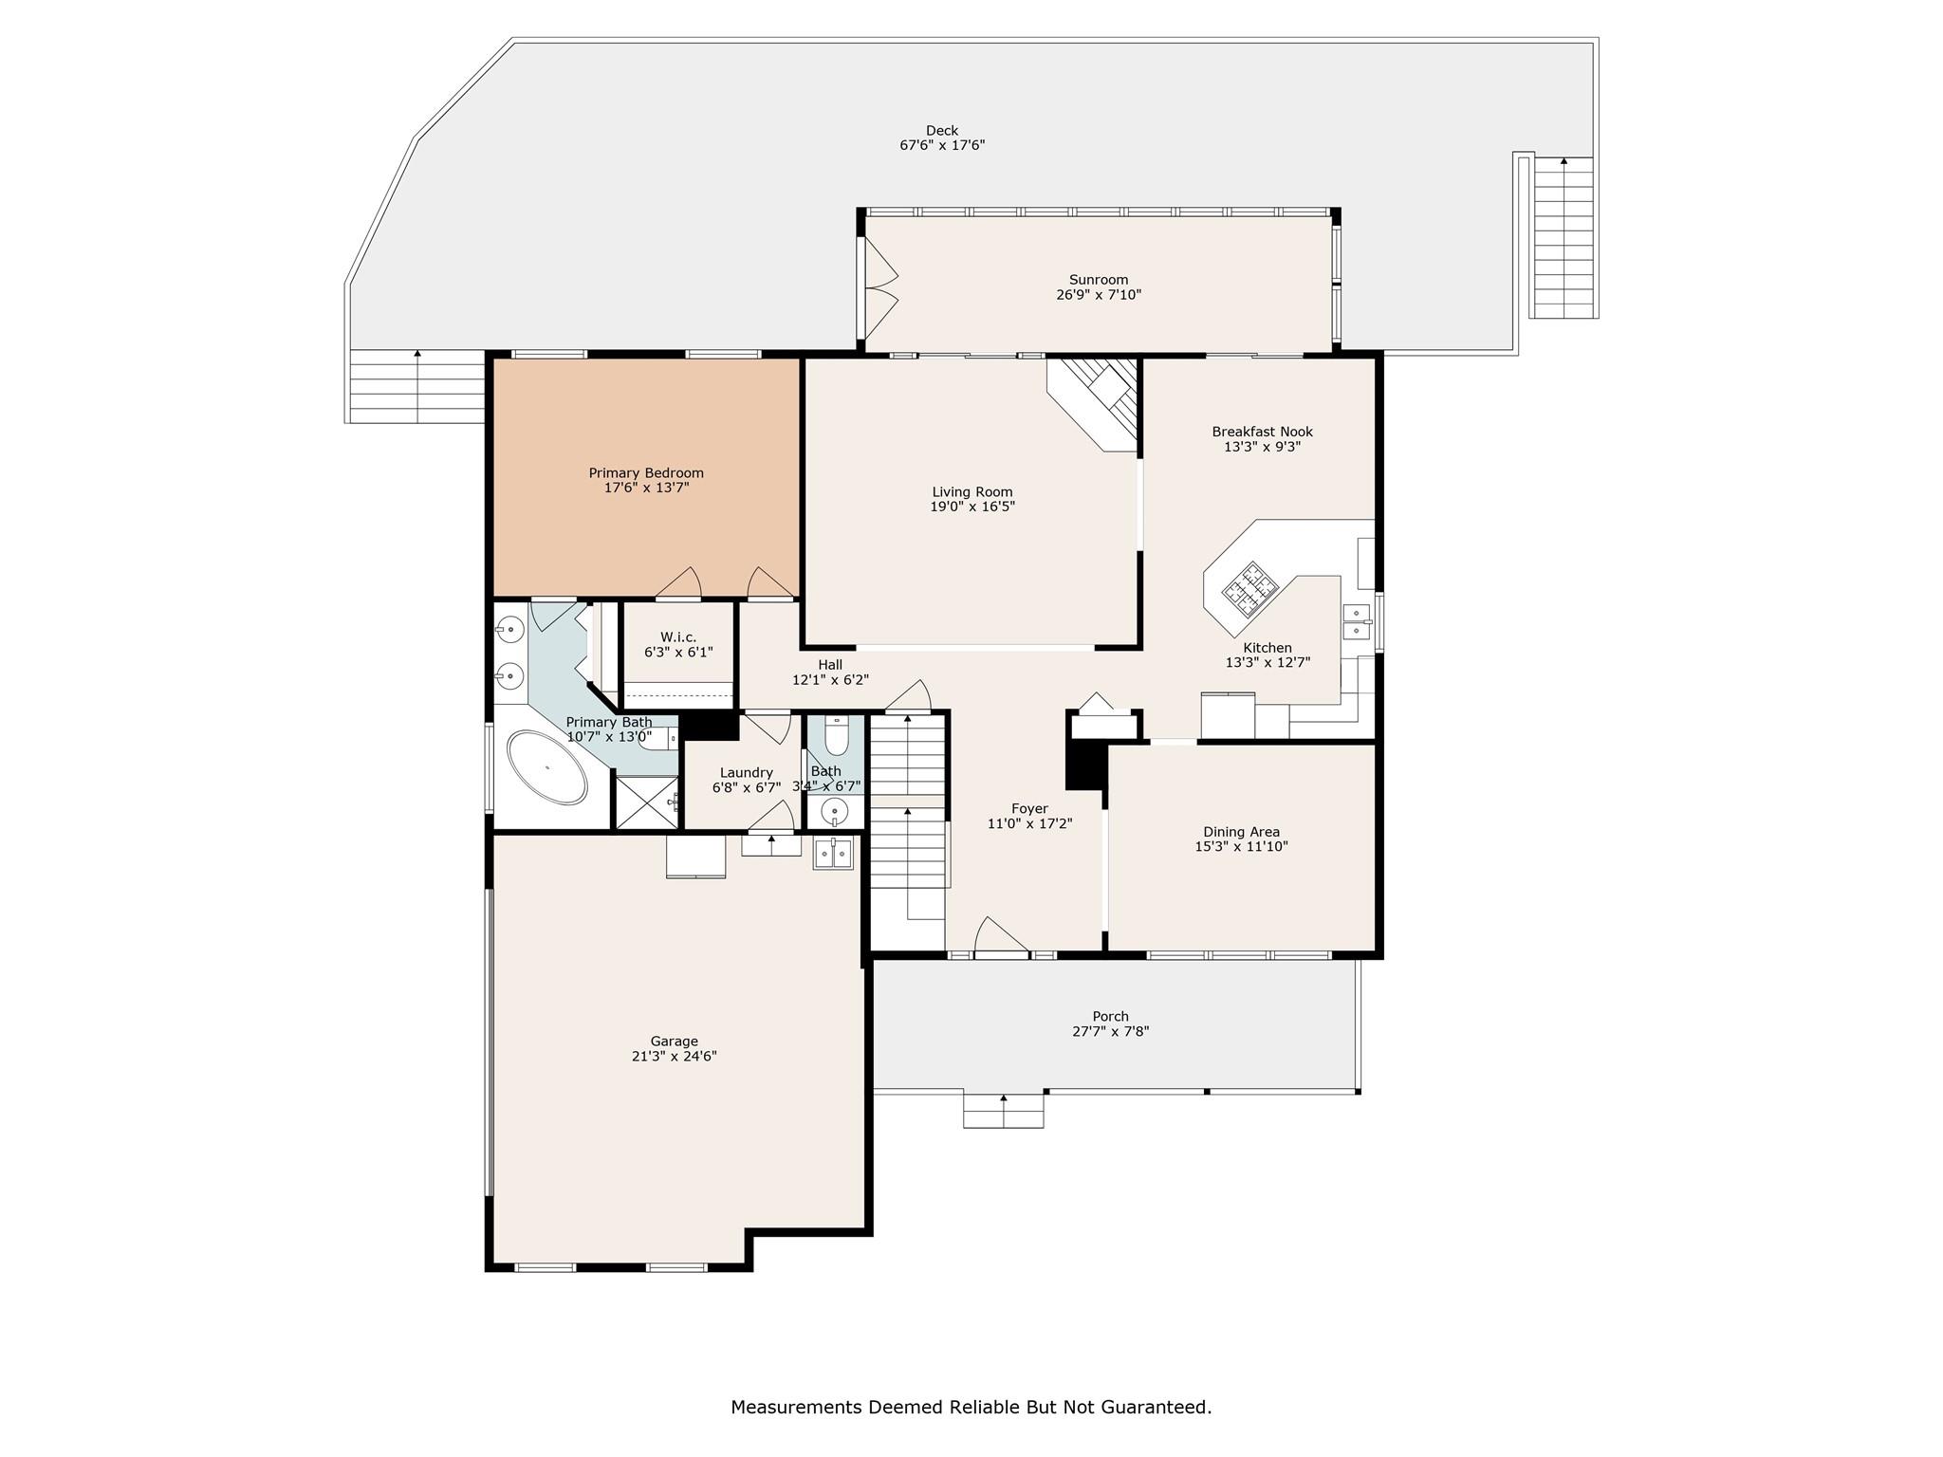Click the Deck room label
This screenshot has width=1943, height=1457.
pos(942,131)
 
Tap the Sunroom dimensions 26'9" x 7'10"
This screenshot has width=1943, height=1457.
pos(1099,295)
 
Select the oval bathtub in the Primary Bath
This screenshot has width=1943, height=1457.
pos(547,767)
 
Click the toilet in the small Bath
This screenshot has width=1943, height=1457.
pos(836,736)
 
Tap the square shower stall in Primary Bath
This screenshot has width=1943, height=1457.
pos(647,802)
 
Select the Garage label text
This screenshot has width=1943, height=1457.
pos(674,1041)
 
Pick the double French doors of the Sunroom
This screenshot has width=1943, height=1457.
pos(880,288)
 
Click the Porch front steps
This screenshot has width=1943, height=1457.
pos(1003,1111)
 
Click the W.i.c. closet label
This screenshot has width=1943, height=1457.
pos(677,637)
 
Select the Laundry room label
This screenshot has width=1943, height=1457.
pos(746,772)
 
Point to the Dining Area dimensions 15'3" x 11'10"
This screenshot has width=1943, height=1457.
pos(1241,847)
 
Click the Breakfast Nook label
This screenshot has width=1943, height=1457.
pos(1262,432)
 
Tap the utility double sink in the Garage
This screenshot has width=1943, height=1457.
pos(833,854)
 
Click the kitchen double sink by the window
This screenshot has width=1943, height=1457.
pos(1356,620)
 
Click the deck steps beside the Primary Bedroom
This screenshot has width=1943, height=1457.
pos(417,386)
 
